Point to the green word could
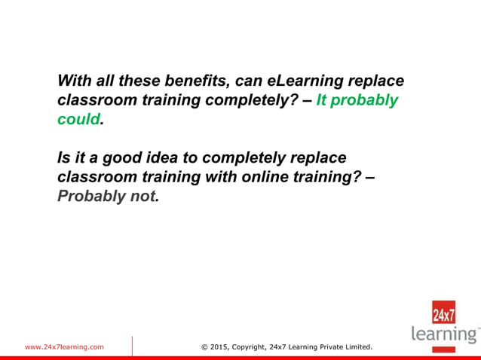(x=78, y=118)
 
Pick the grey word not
(x=145, y=196)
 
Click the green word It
(x=321, y=99)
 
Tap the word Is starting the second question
(x=63, y=158)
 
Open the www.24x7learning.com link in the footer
(x=64, y=347)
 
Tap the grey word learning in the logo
(x=445, y=334)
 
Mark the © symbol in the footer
(x=205, y=347)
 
